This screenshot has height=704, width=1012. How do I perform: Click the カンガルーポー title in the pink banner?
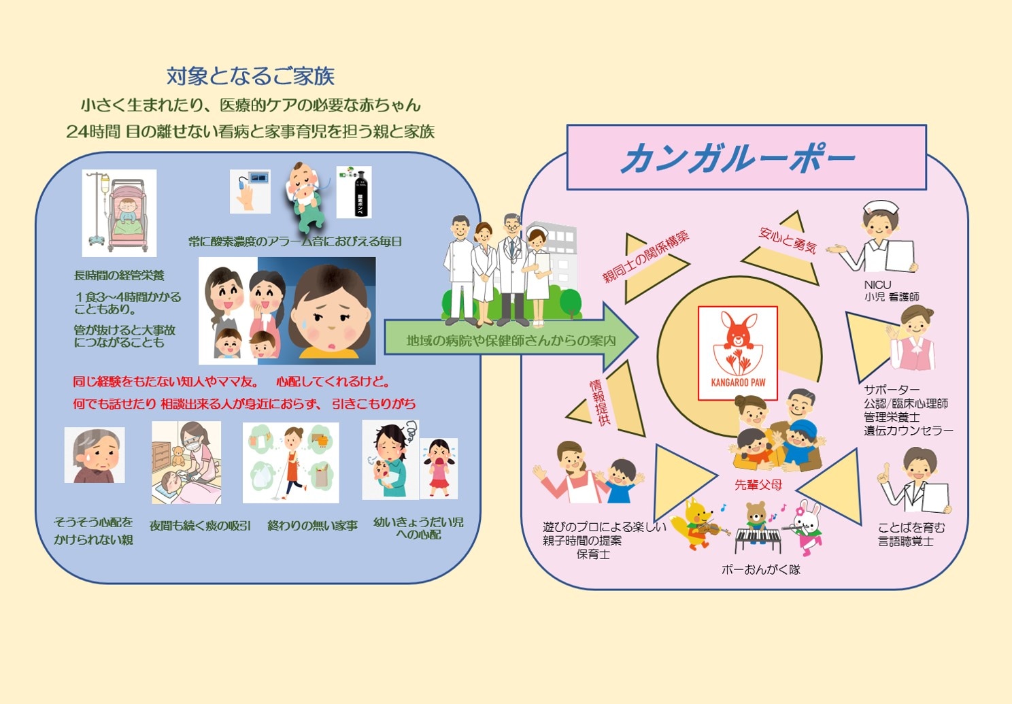tap(738, 158)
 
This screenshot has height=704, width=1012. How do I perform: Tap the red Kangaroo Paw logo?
tap(738, 353)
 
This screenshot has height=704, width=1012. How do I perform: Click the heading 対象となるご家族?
tap(251, 76)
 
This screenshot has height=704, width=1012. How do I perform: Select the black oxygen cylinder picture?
tap(354, 192)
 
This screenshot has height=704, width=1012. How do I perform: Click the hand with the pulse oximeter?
tap(250, 192)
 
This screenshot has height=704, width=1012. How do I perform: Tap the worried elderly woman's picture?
tap(95, 455)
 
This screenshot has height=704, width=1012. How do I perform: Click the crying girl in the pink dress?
tap(438, 469)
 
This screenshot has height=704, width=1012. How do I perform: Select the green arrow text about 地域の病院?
tap(511, 340)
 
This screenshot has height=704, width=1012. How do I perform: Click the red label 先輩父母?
tap(758, 485)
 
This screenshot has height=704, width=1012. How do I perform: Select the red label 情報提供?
tap(600, 403)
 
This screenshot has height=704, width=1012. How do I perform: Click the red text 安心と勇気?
tap(788, 239)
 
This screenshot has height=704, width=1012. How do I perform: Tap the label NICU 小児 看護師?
tap(892, 290)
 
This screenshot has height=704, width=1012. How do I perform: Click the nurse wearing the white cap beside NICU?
tap(875, 237)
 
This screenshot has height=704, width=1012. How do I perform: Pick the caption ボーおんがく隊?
tap(761, 569)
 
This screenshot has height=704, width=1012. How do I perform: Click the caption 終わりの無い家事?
tap(312, 526)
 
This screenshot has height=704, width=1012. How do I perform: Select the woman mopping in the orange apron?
tap(291, 463)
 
